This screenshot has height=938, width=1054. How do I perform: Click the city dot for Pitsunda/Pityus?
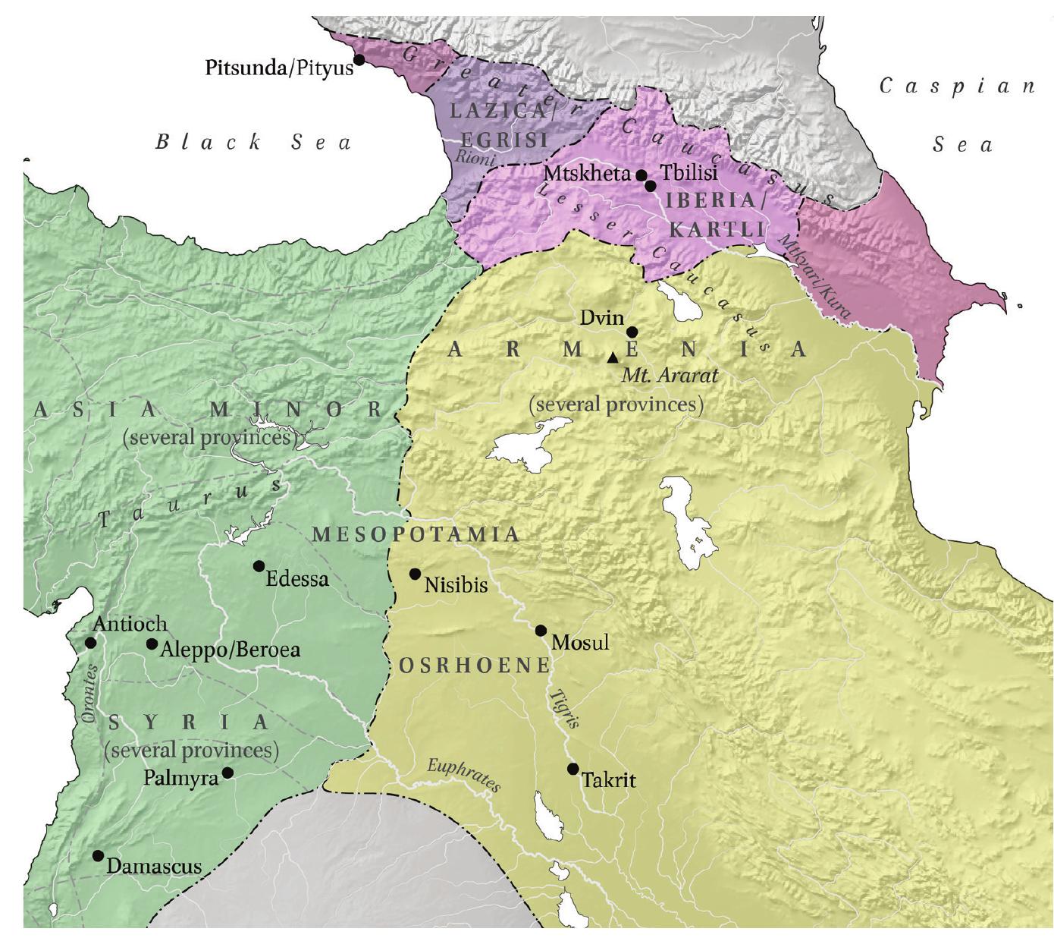pyautogui.click(x=359, y=59)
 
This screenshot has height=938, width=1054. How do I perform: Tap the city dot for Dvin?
pyautogui.click(x=632, y=332)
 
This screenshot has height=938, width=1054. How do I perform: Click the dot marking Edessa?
pyautogui.click(x=259, y=566)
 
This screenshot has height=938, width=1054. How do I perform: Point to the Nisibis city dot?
pyautogui.click(x=415, y=574)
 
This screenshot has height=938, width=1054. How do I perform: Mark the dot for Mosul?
pyautogui.click(x=541, y=631)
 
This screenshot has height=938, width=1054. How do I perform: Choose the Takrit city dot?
pyautogui.click(x=573, y=769)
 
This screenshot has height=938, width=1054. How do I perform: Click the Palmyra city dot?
pyautogui.click(x=227, y=773)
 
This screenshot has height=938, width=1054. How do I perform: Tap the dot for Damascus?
pyautogui.click(x=98, y=855)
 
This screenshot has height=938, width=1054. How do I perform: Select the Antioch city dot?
pyautogui.click(x=90, y=643)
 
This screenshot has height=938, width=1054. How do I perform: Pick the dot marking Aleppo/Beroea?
pyautogui.click(x=152, y=644)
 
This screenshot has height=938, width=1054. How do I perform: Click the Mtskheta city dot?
pyautogui.click(x=641, y=175)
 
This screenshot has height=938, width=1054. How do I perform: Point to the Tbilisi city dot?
pyautogui.click(x=650, y=185)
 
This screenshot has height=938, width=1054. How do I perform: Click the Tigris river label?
pyautogui.click(x=565, y=709)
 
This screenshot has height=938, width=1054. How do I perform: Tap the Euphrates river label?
pyautogui.click(x=463, y=775)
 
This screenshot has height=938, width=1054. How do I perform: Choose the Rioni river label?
pyautogui.click(x=475, y=157)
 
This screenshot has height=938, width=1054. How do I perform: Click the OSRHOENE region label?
pyautogui.click(x=474, y=666)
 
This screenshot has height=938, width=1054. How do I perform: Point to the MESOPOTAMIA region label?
pyautogui.click(x=416, y=534)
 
